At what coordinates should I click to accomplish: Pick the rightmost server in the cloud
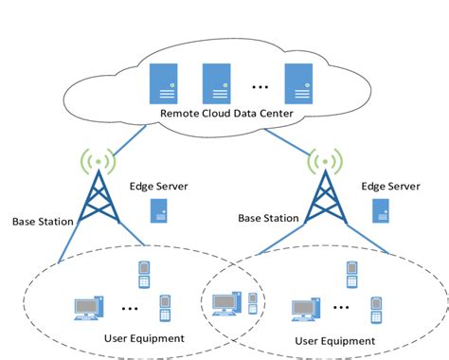coord(300,82)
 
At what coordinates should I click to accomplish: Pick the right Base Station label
coord(268,218)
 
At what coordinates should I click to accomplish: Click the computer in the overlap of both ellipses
coord(224,304)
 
